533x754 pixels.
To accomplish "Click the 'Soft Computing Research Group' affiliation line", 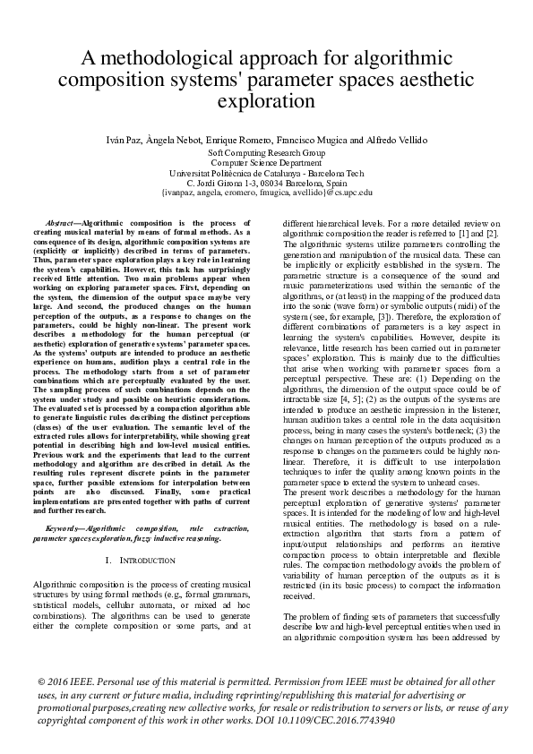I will pyautogui.click(x=266, y=154).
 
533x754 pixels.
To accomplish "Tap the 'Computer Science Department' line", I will pyautogui.click(x=266, y=164).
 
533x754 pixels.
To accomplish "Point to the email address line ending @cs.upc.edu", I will pyautogui.click(x=266, y=193).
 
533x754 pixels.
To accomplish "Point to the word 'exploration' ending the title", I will pyautogui.click(x=266, y=100).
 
